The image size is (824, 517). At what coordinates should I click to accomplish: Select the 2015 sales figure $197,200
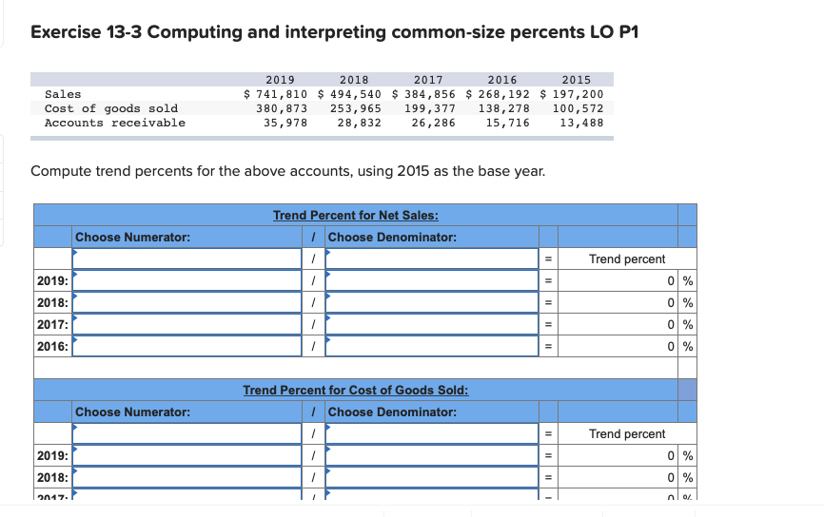pos(572,94)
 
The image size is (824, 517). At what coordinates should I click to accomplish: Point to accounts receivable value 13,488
pos(581,123)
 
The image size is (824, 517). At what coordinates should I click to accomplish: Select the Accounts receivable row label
pos(115,123)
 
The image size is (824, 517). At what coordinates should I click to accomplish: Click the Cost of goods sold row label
pos(111,108)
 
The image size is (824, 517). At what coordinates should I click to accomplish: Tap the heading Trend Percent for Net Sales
pos(356,216)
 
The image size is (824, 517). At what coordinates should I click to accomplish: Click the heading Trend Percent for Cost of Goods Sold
pos(356,390)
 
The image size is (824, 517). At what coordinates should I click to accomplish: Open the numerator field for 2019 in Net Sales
pos(187,280)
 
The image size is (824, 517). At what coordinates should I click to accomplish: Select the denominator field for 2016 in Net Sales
pos(432,346)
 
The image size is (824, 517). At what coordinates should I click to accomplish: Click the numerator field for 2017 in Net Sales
pos(187,324)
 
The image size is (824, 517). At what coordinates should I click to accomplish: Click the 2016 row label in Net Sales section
pos(52,346)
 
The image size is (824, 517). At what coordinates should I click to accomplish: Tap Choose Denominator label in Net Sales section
pos(392,237)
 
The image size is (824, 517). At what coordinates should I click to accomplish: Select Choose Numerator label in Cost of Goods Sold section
pos(132,412)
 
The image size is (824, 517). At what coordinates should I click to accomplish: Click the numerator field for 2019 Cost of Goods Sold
pos(187,455)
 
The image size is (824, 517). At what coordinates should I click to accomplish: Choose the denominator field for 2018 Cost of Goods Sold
pos(432,477)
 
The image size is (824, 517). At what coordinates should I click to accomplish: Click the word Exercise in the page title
pos(64,32)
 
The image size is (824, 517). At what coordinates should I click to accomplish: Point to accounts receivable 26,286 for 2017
pos(433,123)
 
